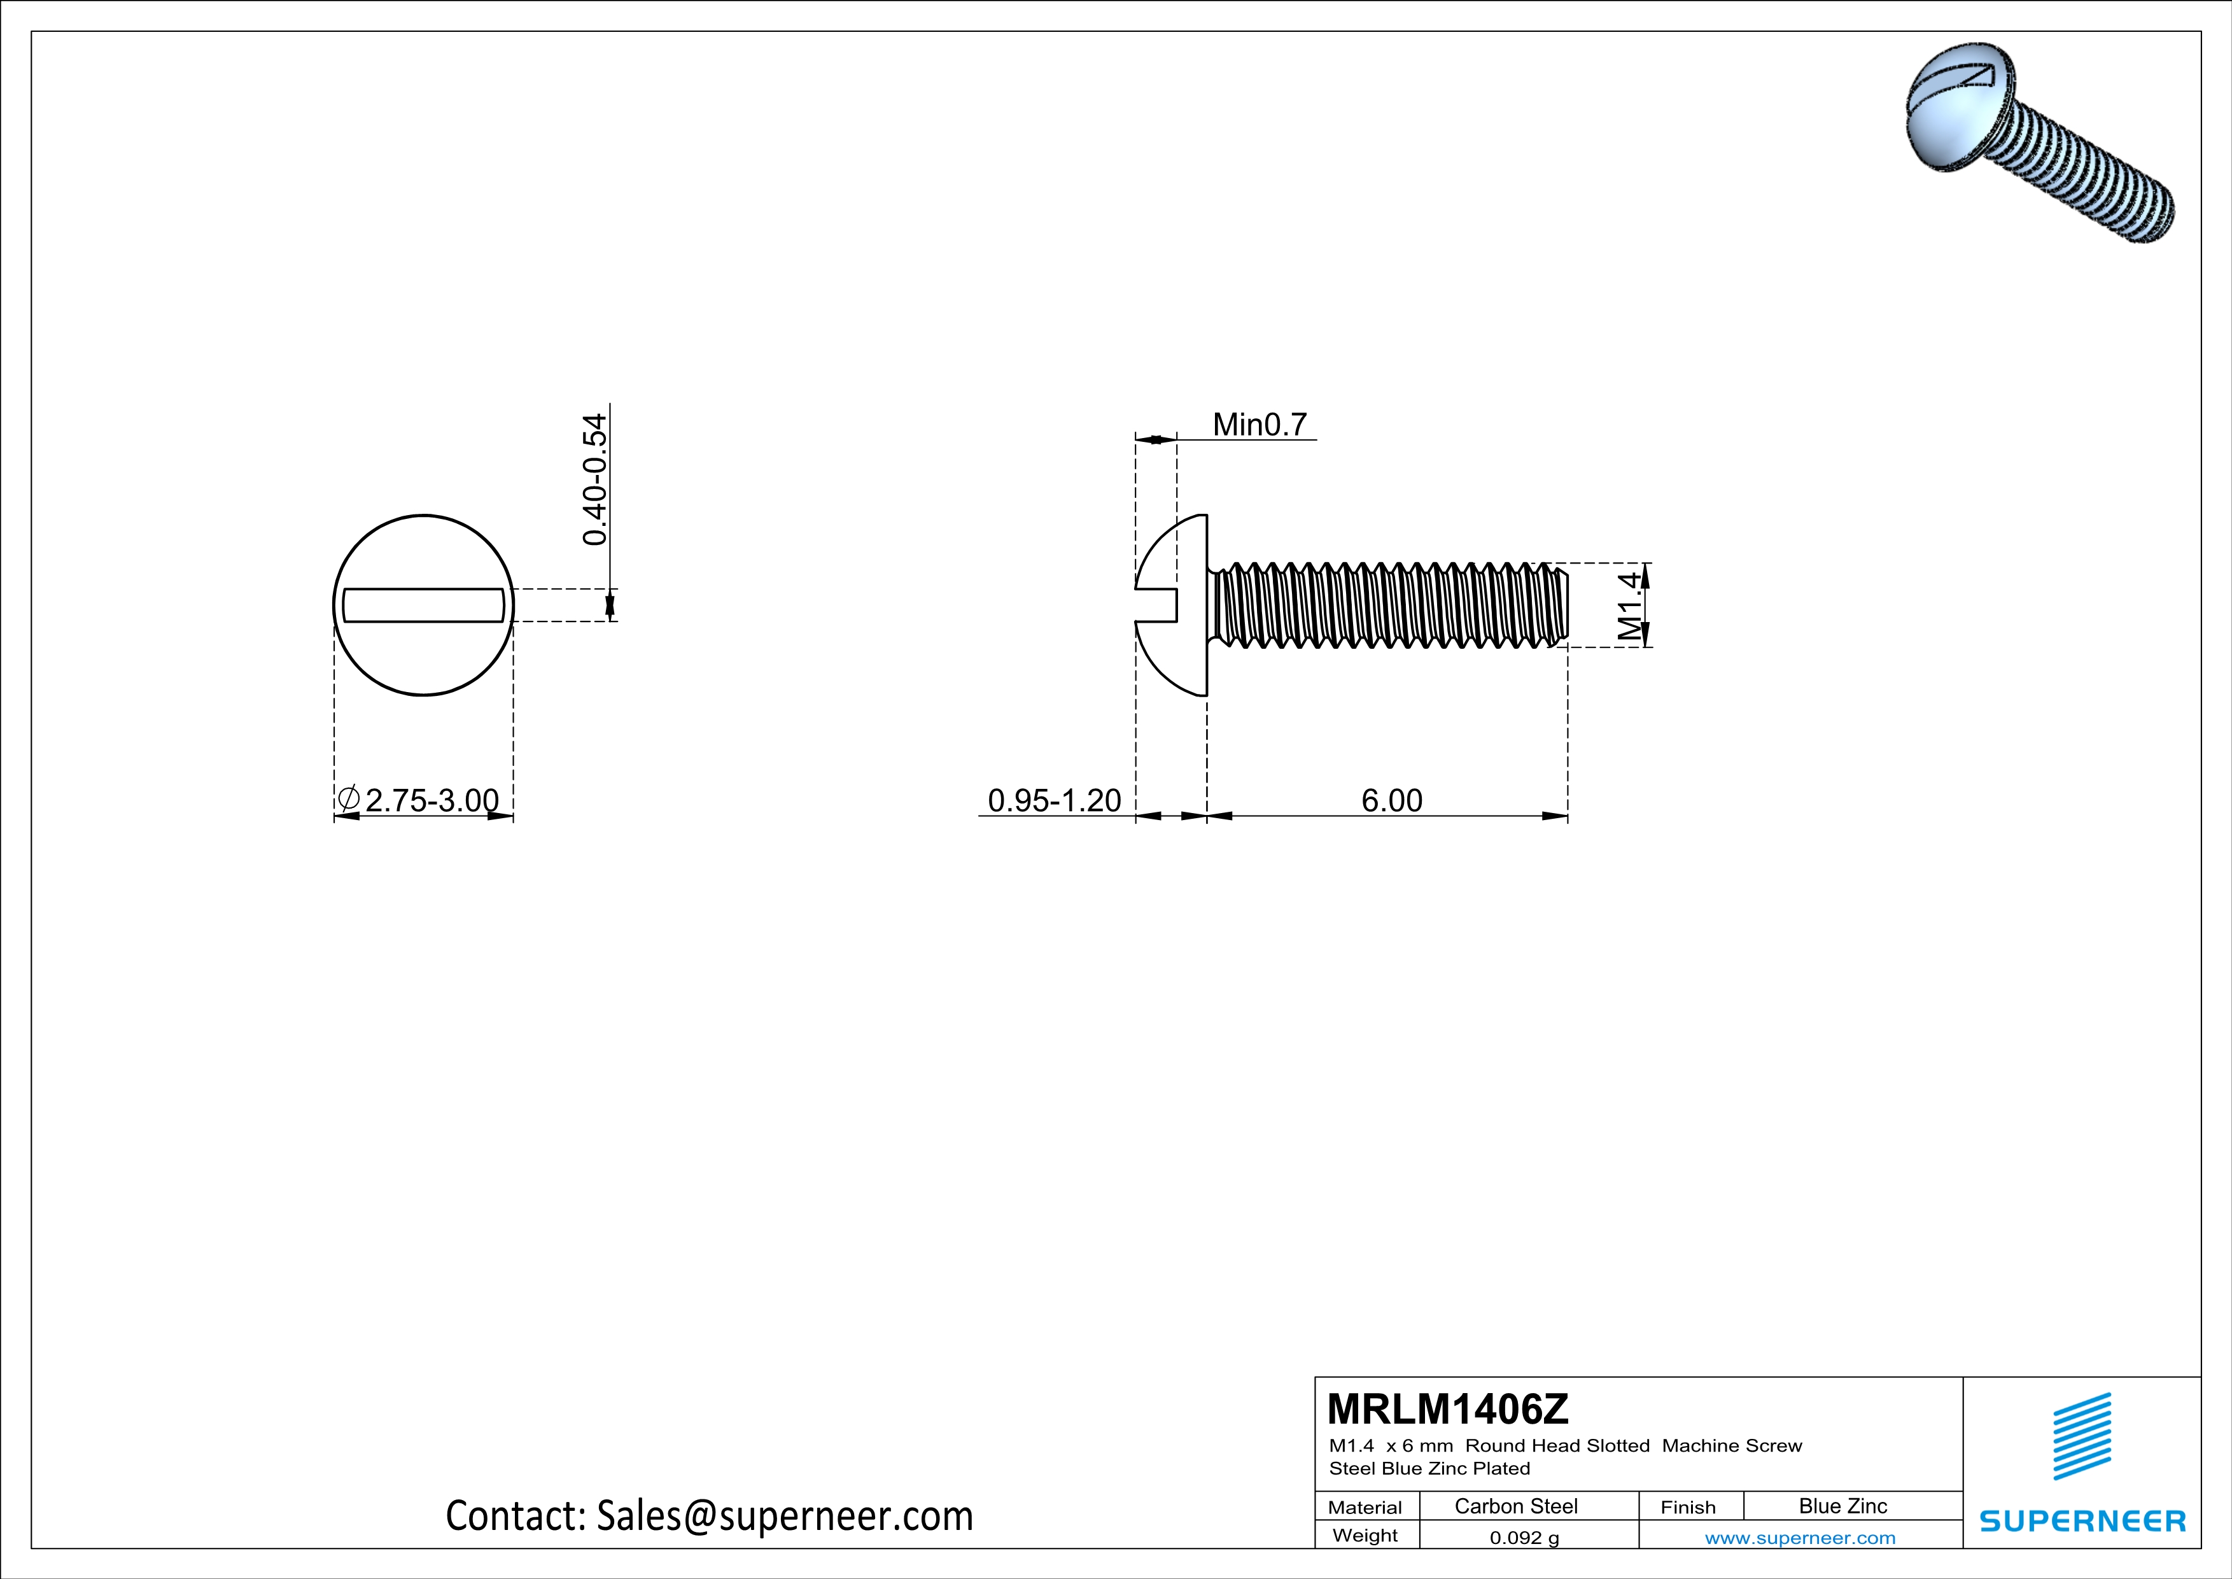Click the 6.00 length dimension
1391,800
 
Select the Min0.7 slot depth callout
1259,425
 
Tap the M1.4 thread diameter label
1631,605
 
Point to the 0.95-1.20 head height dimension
1054,800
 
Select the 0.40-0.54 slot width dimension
594,479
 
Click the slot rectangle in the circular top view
424,605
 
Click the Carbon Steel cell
1515,1506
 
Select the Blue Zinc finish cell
1842,1506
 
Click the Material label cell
1365,1507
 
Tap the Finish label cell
1688,1507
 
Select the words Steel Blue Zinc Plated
1429,1468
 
